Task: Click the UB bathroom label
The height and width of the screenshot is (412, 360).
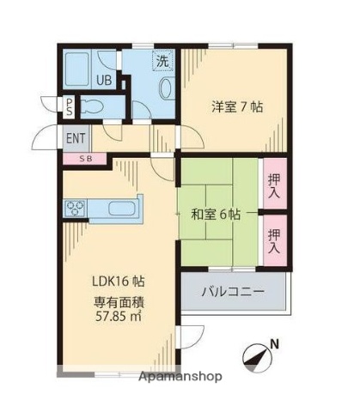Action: [x=102, y=82]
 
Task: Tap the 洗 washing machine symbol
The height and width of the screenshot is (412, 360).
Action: [x=162, y=61]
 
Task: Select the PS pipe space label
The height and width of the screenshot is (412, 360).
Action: [x=70, y=106]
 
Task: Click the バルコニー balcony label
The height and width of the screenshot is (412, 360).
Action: [x=233, y=292]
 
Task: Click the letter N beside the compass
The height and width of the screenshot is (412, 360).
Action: [x=274, y=346]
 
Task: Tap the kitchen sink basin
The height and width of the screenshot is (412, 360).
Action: [x=119, y=208]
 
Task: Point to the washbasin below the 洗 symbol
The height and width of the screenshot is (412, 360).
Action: [x=166, y=88]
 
